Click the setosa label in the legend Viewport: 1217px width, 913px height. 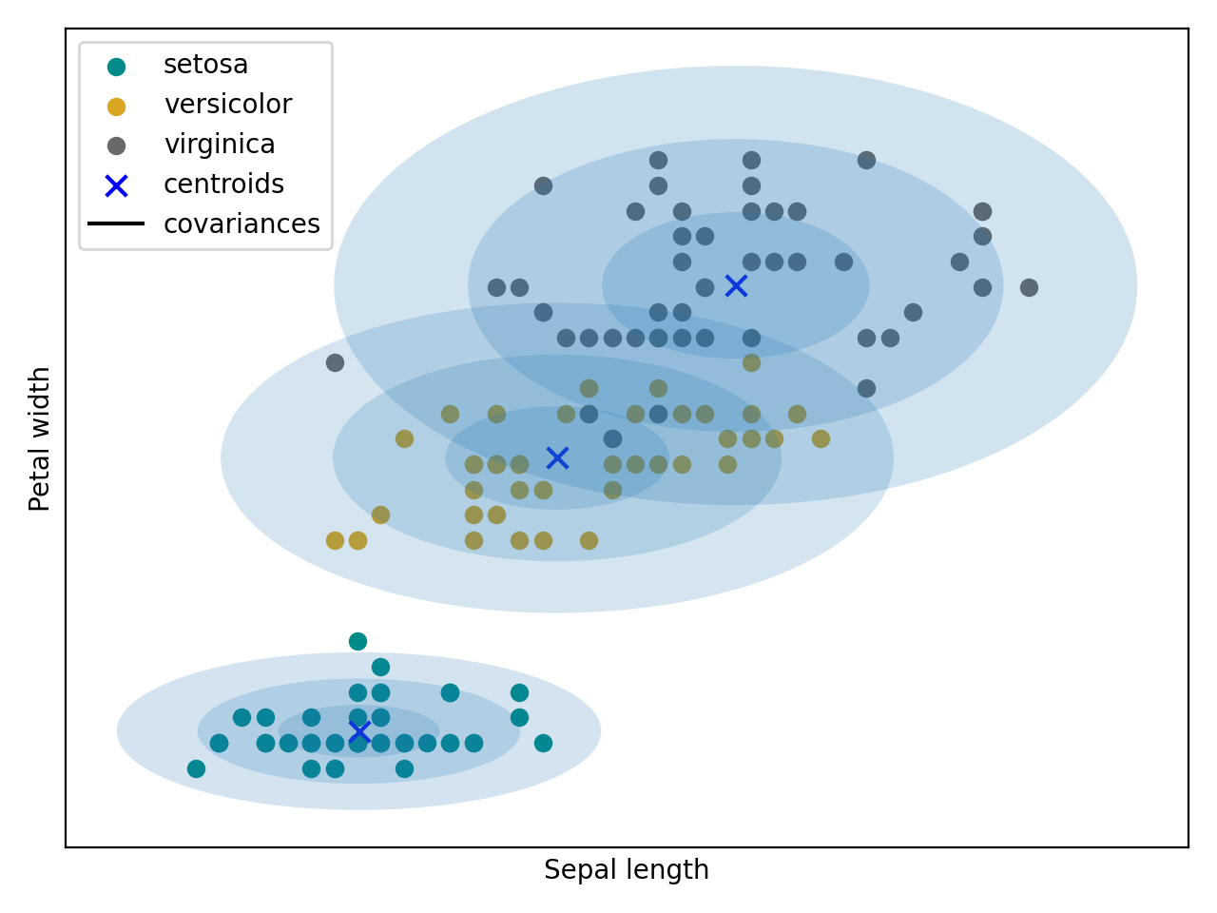coord(205,65)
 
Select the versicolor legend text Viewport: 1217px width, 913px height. coord(227,105)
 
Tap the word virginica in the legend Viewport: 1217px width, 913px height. coord(219,145)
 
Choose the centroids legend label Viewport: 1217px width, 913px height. coord(223,185)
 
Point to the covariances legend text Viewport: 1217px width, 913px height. coord(241,224)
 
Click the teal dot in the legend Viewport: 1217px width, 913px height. coord(116,67)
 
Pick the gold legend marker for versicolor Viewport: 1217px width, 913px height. coord(116,107)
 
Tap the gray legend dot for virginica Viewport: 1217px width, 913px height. coord(116,146)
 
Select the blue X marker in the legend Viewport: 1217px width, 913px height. coord(116,185)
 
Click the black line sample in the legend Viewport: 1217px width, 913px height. coord(116,224)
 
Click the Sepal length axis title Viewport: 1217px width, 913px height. coord(627,870)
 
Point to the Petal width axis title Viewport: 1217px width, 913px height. coord(40,438)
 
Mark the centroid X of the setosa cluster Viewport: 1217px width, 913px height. coord(358,732)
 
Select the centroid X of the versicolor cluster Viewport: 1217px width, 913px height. coord(557,458)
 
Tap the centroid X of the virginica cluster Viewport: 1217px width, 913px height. coord(736,285)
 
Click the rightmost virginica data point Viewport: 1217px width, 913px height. coord(1029,287)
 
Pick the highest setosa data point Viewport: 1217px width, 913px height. coord(357,641)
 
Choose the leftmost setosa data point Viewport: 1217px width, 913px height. coord(196,768)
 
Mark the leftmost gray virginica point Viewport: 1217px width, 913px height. coord(335,362)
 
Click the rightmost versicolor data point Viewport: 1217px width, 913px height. coord(821,438)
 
